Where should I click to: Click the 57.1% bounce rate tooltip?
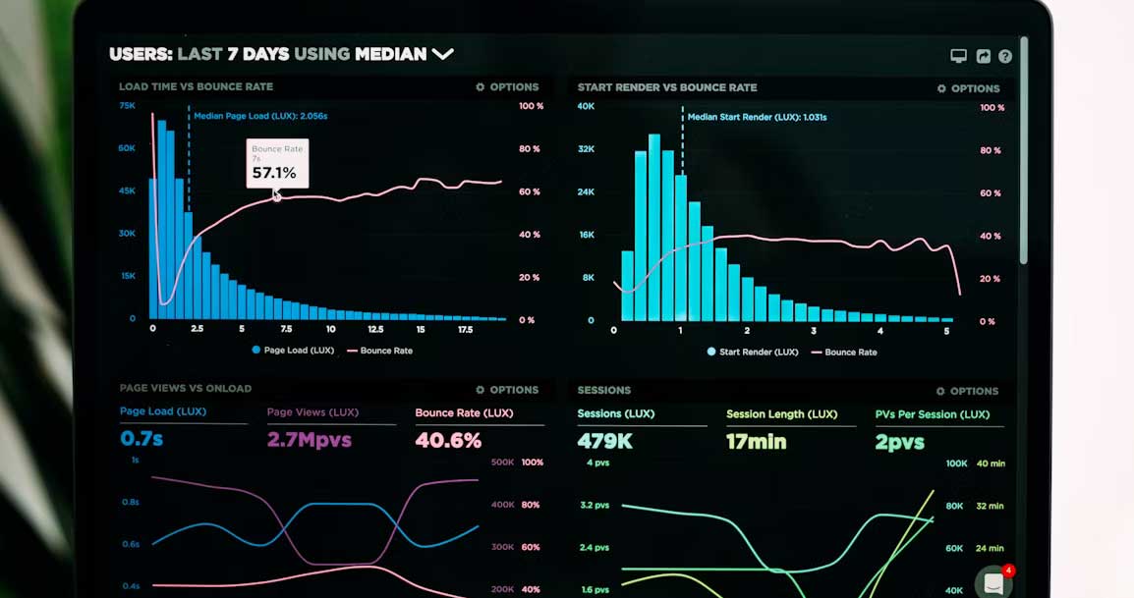pos(277,164)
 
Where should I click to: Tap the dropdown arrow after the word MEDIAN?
pos(442,53)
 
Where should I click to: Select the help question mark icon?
pos(1005,56)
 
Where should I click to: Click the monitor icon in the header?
pos(958,56)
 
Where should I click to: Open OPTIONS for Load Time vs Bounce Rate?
pos(507,86)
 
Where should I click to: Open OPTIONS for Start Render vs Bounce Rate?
pos(968,88)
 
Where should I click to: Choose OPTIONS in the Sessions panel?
pos(967,391)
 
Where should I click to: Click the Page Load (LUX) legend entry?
pos(293,350)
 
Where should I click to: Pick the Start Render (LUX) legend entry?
pos(753,353)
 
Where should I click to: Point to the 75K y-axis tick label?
pos(128,106)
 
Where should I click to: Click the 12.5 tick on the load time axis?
pos(375,329)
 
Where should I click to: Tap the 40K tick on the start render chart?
pos(586,106)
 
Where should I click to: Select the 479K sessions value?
pos(604,440)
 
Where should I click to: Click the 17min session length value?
pos(756,441)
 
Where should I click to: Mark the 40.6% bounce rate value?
pos(448,440)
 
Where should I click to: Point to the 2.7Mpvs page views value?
pos(310,439)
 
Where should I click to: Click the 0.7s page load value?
pos(142,438)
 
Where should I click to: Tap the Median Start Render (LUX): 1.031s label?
pos(758,117)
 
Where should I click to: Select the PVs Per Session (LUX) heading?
pos(933,414)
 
